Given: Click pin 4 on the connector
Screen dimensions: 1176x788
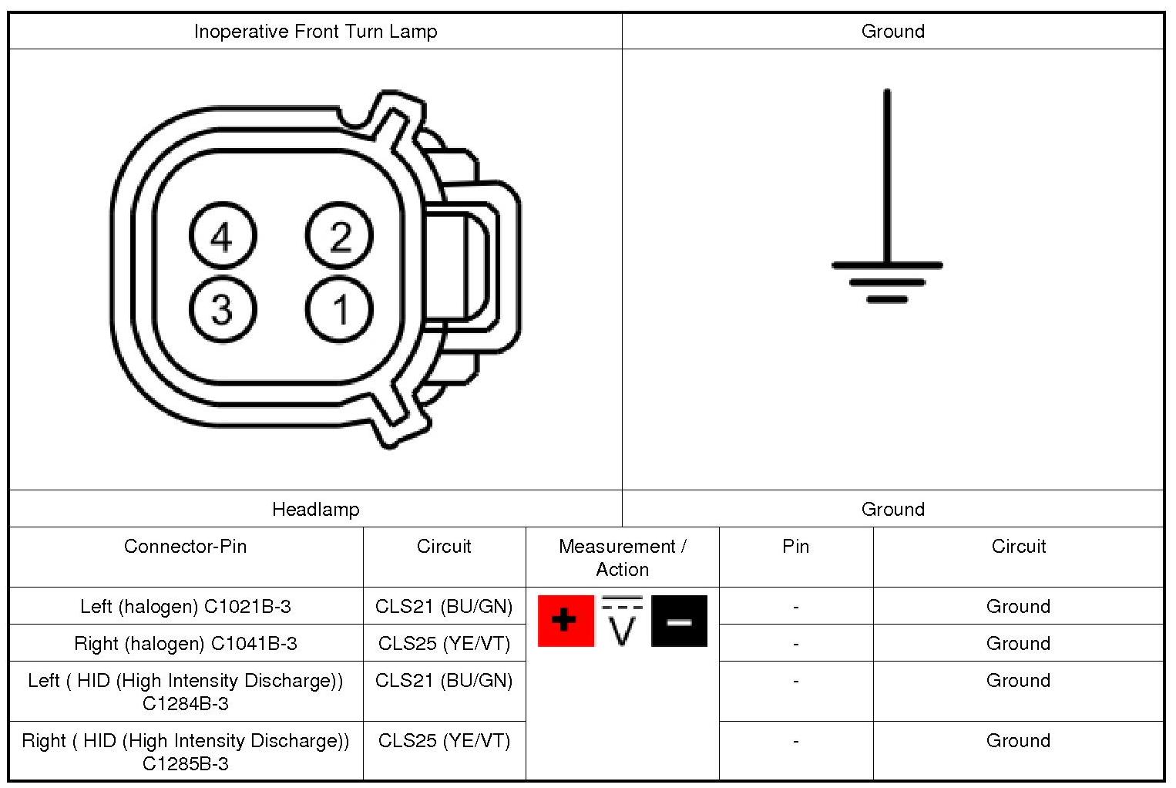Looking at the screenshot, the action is (x=223, y=236).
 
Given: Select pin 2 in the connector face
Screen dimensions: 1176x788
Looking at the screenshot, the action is (x=339, y=236).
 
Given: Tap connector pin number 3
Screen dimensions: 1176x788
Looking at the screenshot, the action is (x=223, y=309).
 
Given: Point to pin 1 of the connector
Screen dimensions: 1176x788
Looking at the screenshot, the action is (x=339, y=309).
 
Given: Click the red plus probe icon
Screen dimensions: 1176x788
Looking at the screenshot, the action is (x=566, y=621).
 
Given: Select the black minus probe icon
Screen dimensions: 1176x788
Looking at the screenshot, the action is (x=679, y=621).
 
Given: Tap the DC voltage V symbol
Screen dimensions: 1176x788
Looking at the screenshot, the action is (x=622, y=621).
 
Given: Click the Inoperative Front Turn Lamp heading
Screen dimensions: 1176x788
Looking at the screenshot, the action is (x=315, y=31).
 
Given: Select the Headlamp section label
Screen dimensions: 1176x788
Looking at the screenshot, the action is (x=315, y=509).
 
